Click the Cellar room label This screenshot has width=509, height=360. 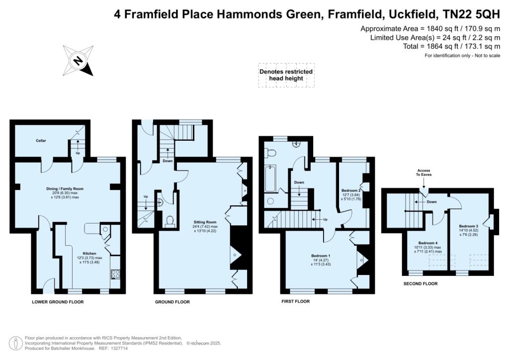[x=41, y=141]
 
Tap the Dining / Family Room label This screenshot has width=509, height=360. [x=65, y=189]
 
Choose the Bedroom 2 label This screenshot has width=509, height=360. [x=351, y=190]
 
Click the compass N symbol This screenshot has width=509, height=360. [x=78, y=61]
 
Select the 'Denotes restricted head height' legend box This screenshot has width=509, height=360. [x=286, y=75]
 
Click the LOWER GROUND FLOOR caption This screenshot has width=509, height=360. [x=58, y=302]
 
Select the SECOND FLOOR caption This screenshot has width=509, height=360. [x=421, y=284]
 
